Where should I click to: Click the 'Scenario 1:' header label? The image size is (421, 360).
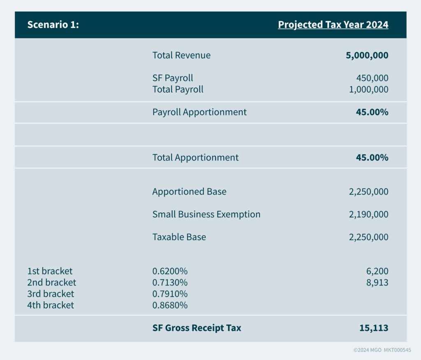(x=53, y=25)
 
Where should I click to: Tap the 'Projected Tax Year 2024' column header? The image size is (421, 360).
(x=333, y=25)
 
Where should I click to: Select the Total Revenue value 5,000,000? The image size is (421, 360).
(x=367, y=56)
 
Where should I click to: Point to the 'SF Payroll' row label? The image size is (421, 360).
(x=173, y=78)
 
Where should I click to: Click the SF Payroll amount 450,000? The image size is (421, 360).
(x=372, y=78)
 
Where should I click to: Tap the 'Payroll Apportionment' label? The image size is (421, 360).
(x=199, y=112)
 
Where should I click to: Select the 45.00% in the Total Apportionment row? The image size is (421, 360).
(x=372, y=158)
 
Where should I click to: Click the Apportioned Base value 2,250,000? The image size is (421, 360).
(x=368, y=192)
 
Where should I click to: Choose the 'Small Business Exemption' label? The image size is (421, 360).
(x=206, y=214)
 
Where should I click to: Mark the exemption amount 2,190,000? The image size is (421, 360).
(x=368, y=214)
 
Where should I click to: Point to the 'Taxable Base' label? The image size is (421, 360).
(x=179, y=237)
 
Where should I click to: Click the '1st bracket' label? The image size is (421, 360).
(x=50, y=271)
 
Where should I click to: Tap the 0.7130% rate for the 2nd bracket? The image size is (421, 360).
(x=170, y=283)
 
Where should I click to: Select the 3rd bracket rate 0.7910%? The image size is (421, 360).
(x=170, y=294)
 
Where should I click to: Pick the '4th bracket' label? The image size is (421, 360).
(x=51, y=305)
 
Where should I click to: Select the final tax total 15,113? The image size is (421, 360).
(x=374, y=328)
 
